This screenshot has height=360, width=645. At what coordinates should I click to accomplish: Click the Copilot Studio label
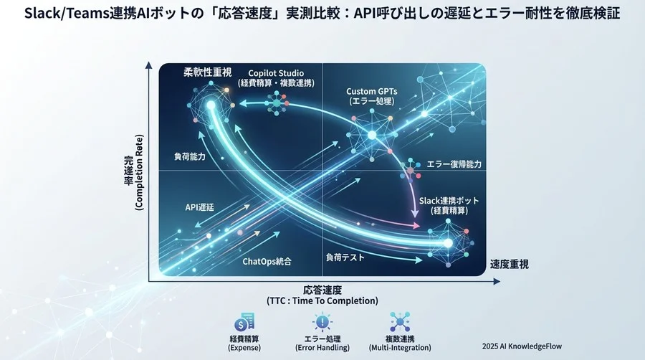click(x=276, y=73)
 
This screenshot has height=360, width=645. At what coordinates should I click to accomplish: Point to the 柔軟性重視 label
click(x=209, y=72)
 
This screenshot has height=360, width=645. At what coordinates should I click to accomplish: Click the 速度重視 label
click(x=510, y=264)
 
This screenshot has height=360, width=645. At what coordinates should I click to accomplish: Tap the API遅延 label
click(x=200, y=207)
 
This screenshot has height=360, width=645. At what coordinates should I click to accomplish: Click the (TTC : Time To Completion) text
click(x=322, y=301)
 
